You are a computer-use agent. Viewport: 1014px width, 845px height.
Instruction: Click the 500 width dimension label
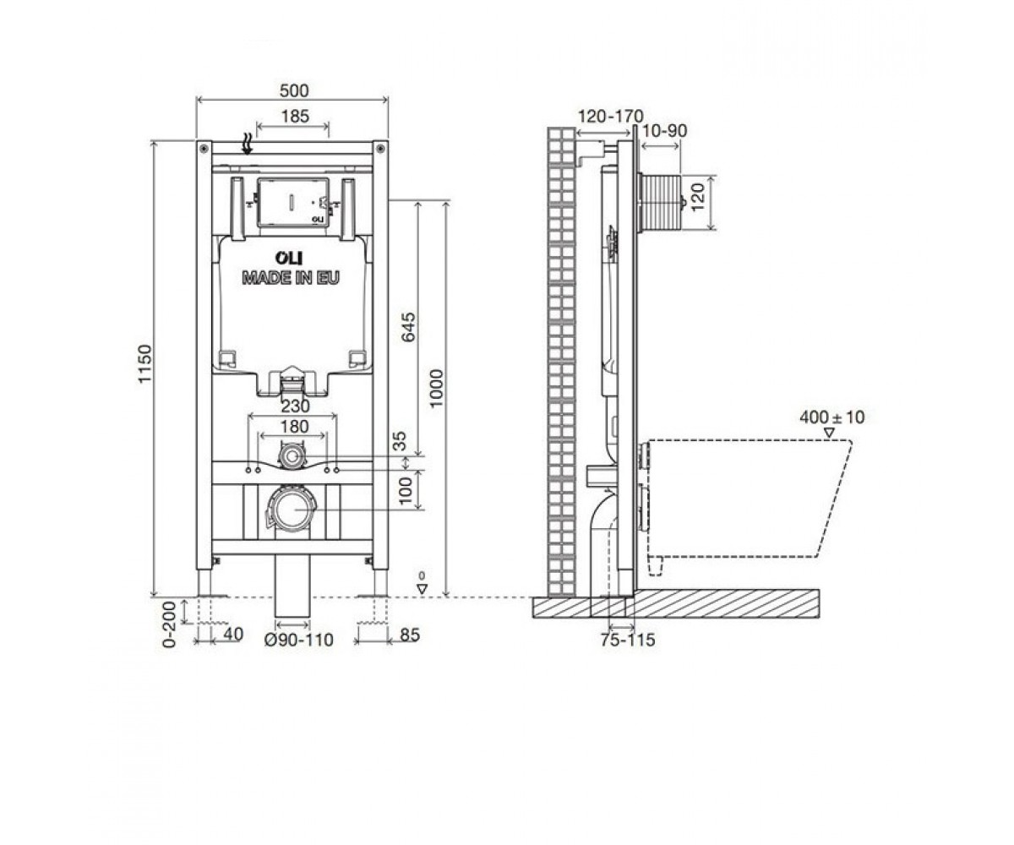294,90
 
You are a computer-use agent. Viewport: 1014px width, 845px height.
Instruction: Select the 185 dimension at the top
295,117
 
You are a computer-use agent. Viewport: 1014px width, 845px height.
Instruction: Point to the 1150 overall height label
144,363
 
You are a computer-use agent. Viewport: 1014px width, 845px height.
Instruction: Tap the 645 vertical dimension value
409,327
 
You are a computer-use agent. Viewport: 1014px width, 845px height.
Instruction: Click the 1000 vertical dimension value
437,389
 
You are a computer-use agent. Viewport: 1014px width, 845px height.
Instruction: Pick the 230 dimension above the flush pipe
295,406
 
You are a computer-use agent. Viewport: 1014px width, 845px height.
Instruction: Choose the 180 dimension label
295,427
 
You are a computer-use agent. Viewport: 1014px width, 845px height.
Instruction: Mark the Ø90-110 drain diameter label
298,640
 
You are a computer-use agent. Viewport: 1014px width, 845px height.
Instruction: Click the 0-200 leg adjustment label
168,624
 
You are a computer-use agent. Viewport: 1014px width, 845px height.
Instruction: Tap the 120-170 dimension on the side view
610,117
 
